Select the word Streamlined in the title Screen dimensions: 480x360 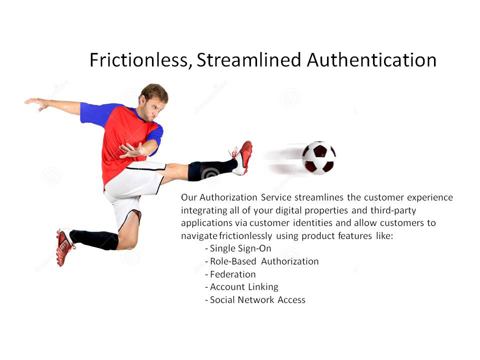tap(249, 59)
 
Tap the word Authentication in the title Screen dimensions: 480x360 tap(371, 59)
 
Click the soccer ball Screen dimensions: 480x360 tap(318, 157)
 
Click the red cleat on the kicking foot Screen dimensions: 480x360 tap(242, 157)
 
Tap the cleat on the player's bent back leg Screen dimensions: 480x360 tap(63, 246)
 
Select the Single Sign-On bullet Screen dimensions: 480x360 tap(238, 248)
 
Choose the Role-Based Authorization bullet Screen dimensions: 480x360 tap(261, 261)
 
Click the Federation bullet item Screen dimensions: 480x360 tap(230, 274)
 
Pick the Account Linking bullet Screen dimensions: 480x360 tap(241, 287)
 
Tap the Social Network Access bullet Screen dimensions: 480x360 tap(255, 299)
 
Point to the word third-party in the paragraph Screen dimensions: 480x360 tap(393, 210)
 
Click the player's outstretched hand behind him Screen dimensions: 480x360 tap(36, 103)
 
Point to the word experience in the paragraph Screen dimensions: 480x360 tap(430, 198)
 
